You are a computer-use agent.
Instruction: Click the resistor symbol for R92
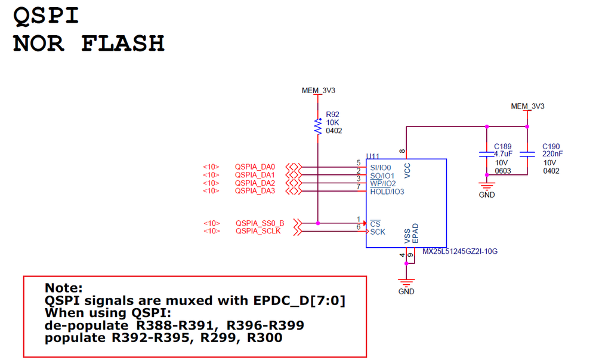click(x=318, y=126)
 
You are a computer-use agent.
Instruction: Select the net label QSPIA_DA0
click(x=255, y=167)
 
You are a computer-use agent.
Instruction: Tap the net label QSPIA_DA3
click(x=255, y=191)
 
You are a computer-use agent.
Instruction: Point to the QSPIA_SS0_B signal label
click(x=260, y=223)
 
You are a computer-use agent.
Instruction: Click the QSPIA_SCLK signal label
click(x=258, y=231)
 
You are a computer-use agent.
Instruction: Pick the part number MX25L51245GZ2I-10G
click(x=459, y=251)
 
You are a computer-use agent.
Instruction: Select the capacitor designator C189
click(x=503, y=146)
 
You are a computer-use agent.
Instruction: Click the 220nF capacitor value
click(x=552, y=154)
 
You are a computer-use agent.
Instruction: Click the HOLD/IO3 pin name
click(x=387, y=192)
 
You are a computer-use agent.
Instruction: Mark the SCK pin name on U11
click(x=378, y=232)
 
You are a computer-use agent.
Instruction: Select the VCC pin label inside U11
click(x=407, y=171)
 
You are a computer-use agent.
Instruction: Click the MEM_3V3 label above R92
click(x=319, y=91)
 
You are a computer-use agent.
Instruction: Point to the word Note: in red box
click(x=64, y=288)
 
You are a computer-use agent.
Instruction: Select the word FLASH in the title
click(x=122, y=43)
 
